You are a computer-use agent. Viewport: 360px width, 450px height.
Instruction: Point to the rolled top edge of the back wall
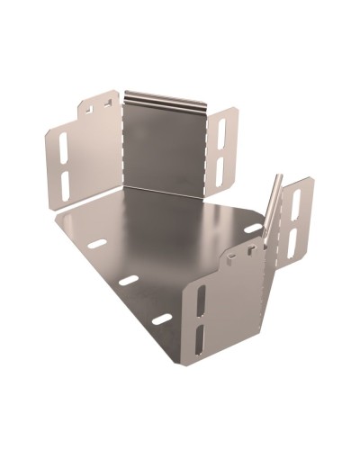pos(166,96)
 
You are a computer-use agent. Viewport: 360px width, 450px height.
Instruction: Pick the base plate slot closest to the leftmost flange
pos(95,243)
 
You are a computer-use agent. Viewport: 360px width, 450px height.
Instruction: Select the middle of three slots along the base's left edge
pos(129,280)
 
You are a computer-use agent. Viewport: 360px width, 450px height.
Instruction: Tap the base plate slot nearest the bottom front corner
pos(161,319)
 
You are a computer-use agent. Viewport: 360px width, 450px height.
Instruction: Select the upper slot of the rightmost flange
pos(293,205)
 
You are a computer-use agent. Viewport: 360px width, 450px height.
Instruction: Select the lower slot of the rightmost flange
pos(292,241)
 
